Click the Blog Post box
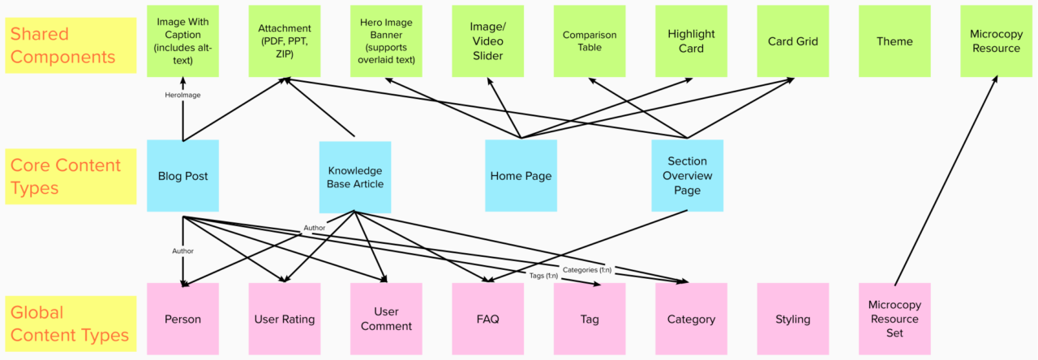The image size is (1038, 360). tap(183, 176)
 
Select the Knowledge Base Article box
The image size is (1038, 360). tap(354, 178)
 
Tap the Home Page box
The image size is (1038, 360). tap(521, 176)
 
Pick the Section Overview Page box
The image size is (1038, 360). tap(687, 176)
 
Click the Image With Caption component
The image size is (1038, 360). tap(183, 41)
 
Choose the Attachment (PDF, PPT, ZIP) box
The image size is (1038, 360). tap(284, 41)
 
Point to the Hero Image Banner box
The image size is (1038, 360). tap(386, 41)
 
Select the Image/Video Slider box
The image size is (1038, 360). tap(487, 41)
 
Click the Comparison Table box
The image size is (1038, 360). tap(590, 41)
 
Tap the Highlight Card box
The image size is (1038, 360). tap(691, 41)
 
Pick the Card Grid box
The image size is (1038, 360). tap(792, 41)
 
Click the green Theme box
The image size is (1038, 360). tap(894, 41)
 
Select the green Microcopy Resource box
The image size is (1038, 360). tap(996, 41)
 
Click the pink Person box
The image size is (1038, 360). tap(183, 319)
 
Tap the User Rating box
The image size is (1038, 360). tap(284, 319)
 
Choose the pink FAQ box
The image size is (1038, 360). tap(487, 319)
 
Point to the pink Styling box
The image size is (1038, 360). tap(792, 319)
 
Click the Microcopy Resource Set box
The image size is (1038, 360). tap(894, 319)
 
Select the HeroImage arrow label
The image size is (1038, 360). tap(182, 95)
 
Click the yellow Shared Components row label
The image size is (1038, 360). tap(71, 45)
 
